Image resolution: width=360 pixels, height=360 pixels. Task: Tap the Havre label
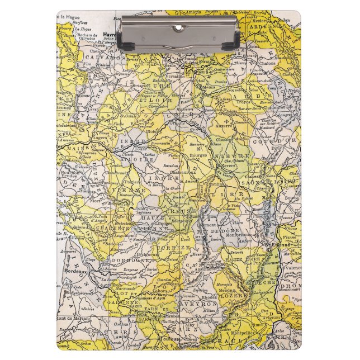(x=110, y=35)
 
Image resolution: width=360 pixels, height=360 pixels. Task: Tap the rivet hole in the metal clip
(x=180, y=27)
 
